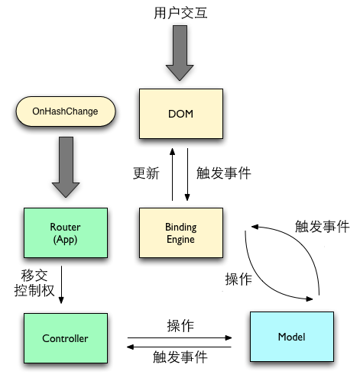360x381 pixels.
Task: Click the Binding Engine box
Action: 180,234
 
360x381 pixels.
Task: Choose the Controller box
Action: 65,337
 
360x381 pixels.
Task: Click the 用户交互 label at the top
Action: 180,14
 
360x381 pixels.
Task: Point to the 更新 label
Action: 146,173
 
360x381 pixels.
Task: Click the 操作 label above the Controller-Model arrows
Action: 180,325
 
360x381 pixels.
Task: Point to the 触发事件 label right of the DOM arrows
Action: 224,173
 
